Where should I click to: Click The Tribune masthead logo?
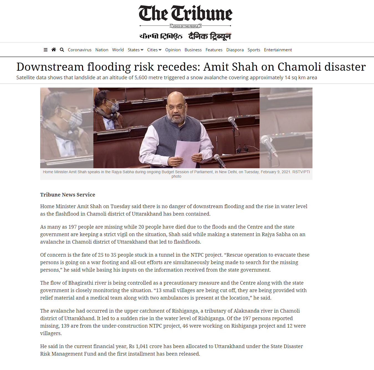coord(185,14)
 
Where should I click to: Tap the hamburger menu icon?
coord(45,50)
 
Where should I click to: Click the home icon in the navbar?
coord(54,50)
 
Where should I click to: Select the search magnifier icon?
coord(62,50)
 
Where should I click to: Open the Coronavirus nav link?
coord(80,50)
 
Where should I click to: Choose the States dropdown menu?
coord(135,50)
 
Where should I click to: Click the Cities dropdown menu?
coord(154,50)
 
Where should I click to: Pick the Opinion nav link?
coord(173,50)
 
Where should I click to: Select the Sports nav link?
coord(254,50)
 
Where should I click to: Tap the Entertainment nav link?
coord(278,50)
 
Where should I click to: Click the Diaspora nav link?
coord(235,50)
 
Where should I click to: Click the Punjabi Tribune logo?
coord(161,36)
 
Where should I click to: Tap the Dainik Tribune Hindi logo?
coord(210,36)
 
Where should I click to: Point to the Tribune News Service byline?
coord(68,195)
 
